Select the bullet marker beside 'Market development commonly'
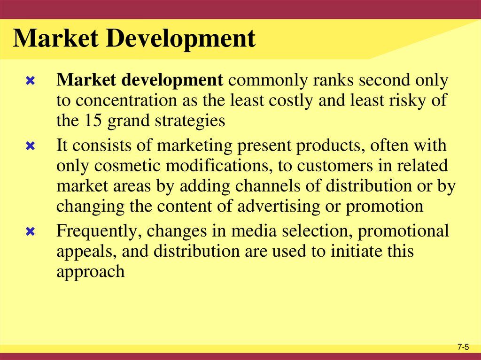[x=30, y=82]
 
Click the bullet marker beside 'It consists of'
[x=30, y=146]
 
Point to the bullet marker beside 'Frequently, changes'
[x=30, y=232]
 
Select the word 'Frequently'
[x=100, y=231]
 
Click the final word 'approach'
[x=90, y=272]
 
